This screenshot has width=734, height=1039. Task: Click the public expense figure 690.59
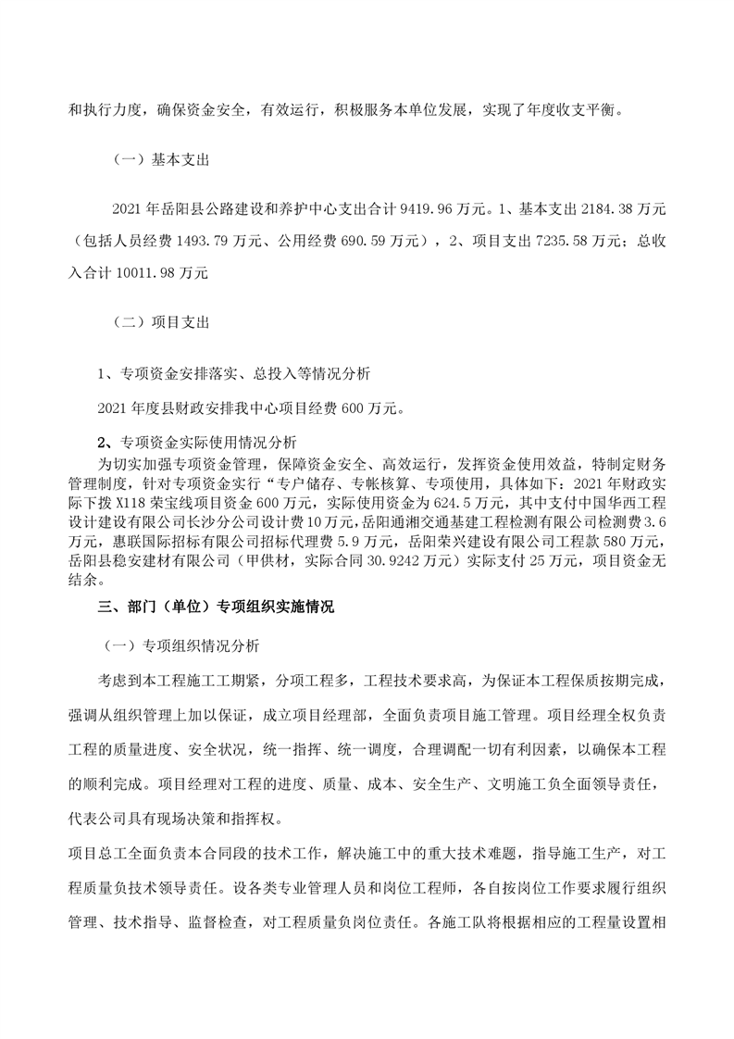tap(366, 242)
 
